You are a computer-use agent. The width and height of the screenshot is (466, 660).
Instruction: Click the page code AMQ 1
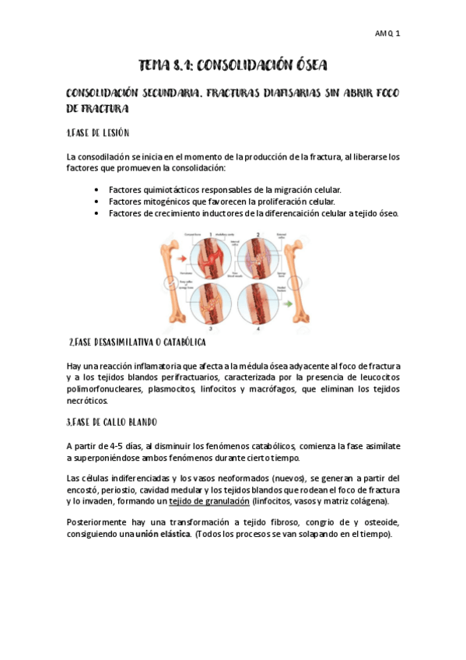(x=387, y=34)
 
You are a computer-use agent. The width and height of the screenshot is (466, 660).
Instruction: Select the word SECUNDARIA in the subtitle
(x=177, y=93)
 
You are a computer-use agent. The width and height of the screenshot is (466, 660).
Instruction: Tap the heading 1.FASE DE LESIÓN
(x=98, y=133)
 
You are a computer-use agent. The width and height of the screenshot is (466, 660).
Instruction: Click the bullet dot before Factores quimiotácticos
(x=96, y=189)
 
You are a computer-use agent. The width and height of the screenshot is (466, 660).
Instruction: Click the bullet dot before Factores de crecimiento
(x=96, y=212)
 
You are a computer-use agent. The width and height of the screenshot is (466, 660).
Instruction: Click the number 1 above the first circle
(x=211, y=233)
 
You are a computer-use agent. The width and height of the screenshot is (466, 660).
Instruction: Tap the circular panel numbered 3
(x=212, y=302)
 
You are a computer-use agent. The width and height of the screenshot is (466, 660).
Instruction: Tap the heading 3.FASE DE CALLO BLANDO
(x=112, y=423)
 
